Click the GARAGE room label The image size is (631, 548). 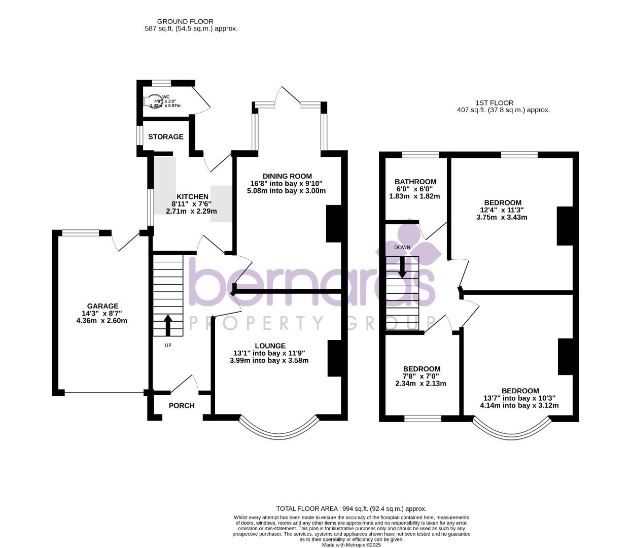102,306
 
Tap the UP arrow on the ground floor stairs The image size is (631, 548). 168,325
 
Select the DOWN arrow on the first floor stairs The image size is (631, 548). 402,267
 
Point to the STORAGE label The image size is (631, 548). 166,137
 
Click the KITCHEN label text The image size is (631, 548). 192,197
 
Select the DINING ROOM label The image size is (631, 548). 287,176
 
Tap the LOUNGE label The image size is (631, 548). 270,346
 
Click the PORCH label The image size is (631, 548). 182,405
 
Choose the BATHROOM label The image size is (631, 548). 415,182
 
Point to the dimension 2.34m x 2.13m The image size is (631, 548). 420,383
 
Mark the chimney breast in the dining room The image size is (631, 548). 334,223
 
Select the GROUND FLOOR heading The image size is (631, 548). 185,21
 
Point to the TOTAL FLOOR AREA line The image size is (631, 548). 351,508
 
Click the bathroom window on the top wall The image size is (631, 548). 420,155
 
